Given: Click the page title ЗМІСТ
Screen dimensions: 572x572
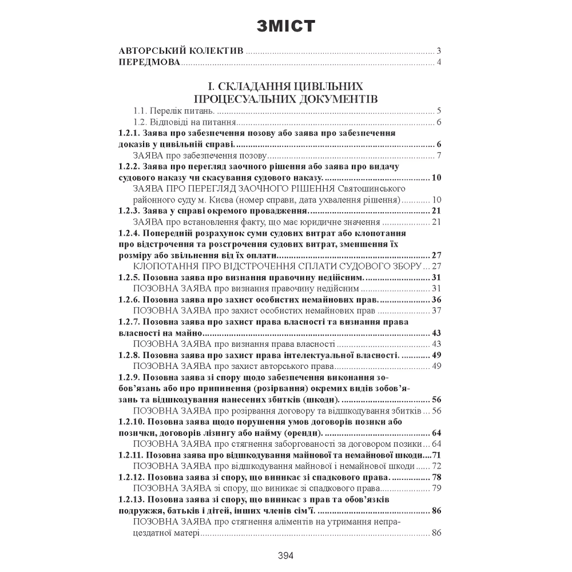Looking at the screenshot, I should [285, 27].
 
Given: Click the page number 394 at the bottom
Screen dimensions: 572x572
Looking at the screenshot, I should [285, 555].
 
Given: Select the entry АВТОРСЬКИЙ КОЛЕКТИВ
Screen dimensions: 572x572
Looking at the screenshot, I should [181, 50].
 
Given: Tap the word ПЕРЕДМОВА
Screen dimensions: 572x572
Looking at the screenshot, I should [149, 62].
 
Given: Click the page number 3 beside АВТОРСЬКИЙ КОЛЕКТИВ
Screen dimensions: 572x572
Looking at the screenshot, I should [438, 50].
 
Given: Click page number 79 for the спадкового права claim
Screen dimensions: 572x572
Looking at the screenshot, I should [437, 488].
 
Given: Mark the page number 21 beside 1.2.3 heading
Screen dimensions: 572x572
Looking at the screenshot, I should [437, 210].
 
